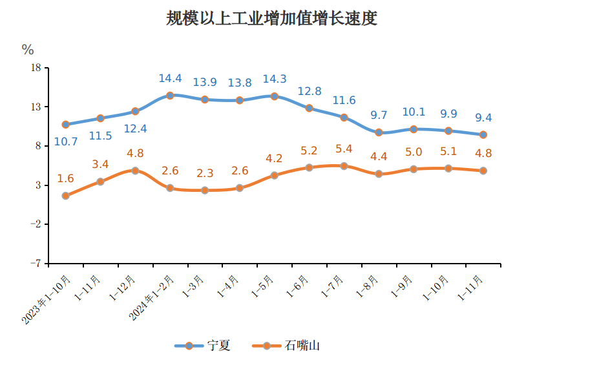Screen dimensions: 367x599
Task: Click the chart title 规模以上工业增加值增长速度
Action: coord(271,19)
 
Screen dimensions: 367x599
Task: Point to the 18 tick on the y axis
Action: coord(36,68)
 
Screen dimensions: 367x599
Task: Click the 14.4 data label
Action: coord(170,79)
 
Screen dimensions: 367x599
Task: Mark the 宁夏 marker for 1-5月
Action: coord(274,96)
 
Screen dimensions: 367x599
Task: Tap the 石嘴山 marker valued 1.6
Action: coord(65,196)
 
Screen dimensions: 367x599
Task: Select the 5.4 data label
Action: coord(344,149)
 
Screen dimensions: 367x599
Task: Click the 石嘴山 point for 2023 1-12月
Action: coord(135,171)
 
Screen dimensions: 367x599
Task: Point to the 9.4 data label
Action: coord(483,118)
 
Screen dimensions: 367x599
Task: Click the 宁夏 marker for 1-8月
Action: coord(379,132)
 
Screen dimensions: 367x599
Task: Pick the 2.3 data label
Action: coord(205,174)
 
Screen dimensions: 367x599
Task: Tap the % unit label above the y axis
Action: coord(28,50)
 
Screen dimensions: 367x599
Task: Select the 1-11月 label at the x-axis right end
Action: coord(470,288)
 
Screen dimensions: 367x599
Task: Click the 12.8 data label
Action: coord(309,91)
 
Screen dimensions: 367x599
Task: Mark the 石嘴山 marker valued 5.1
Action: coord(448,169)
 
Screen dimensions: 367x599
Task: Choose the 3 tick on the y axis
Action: coord(37,185)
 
